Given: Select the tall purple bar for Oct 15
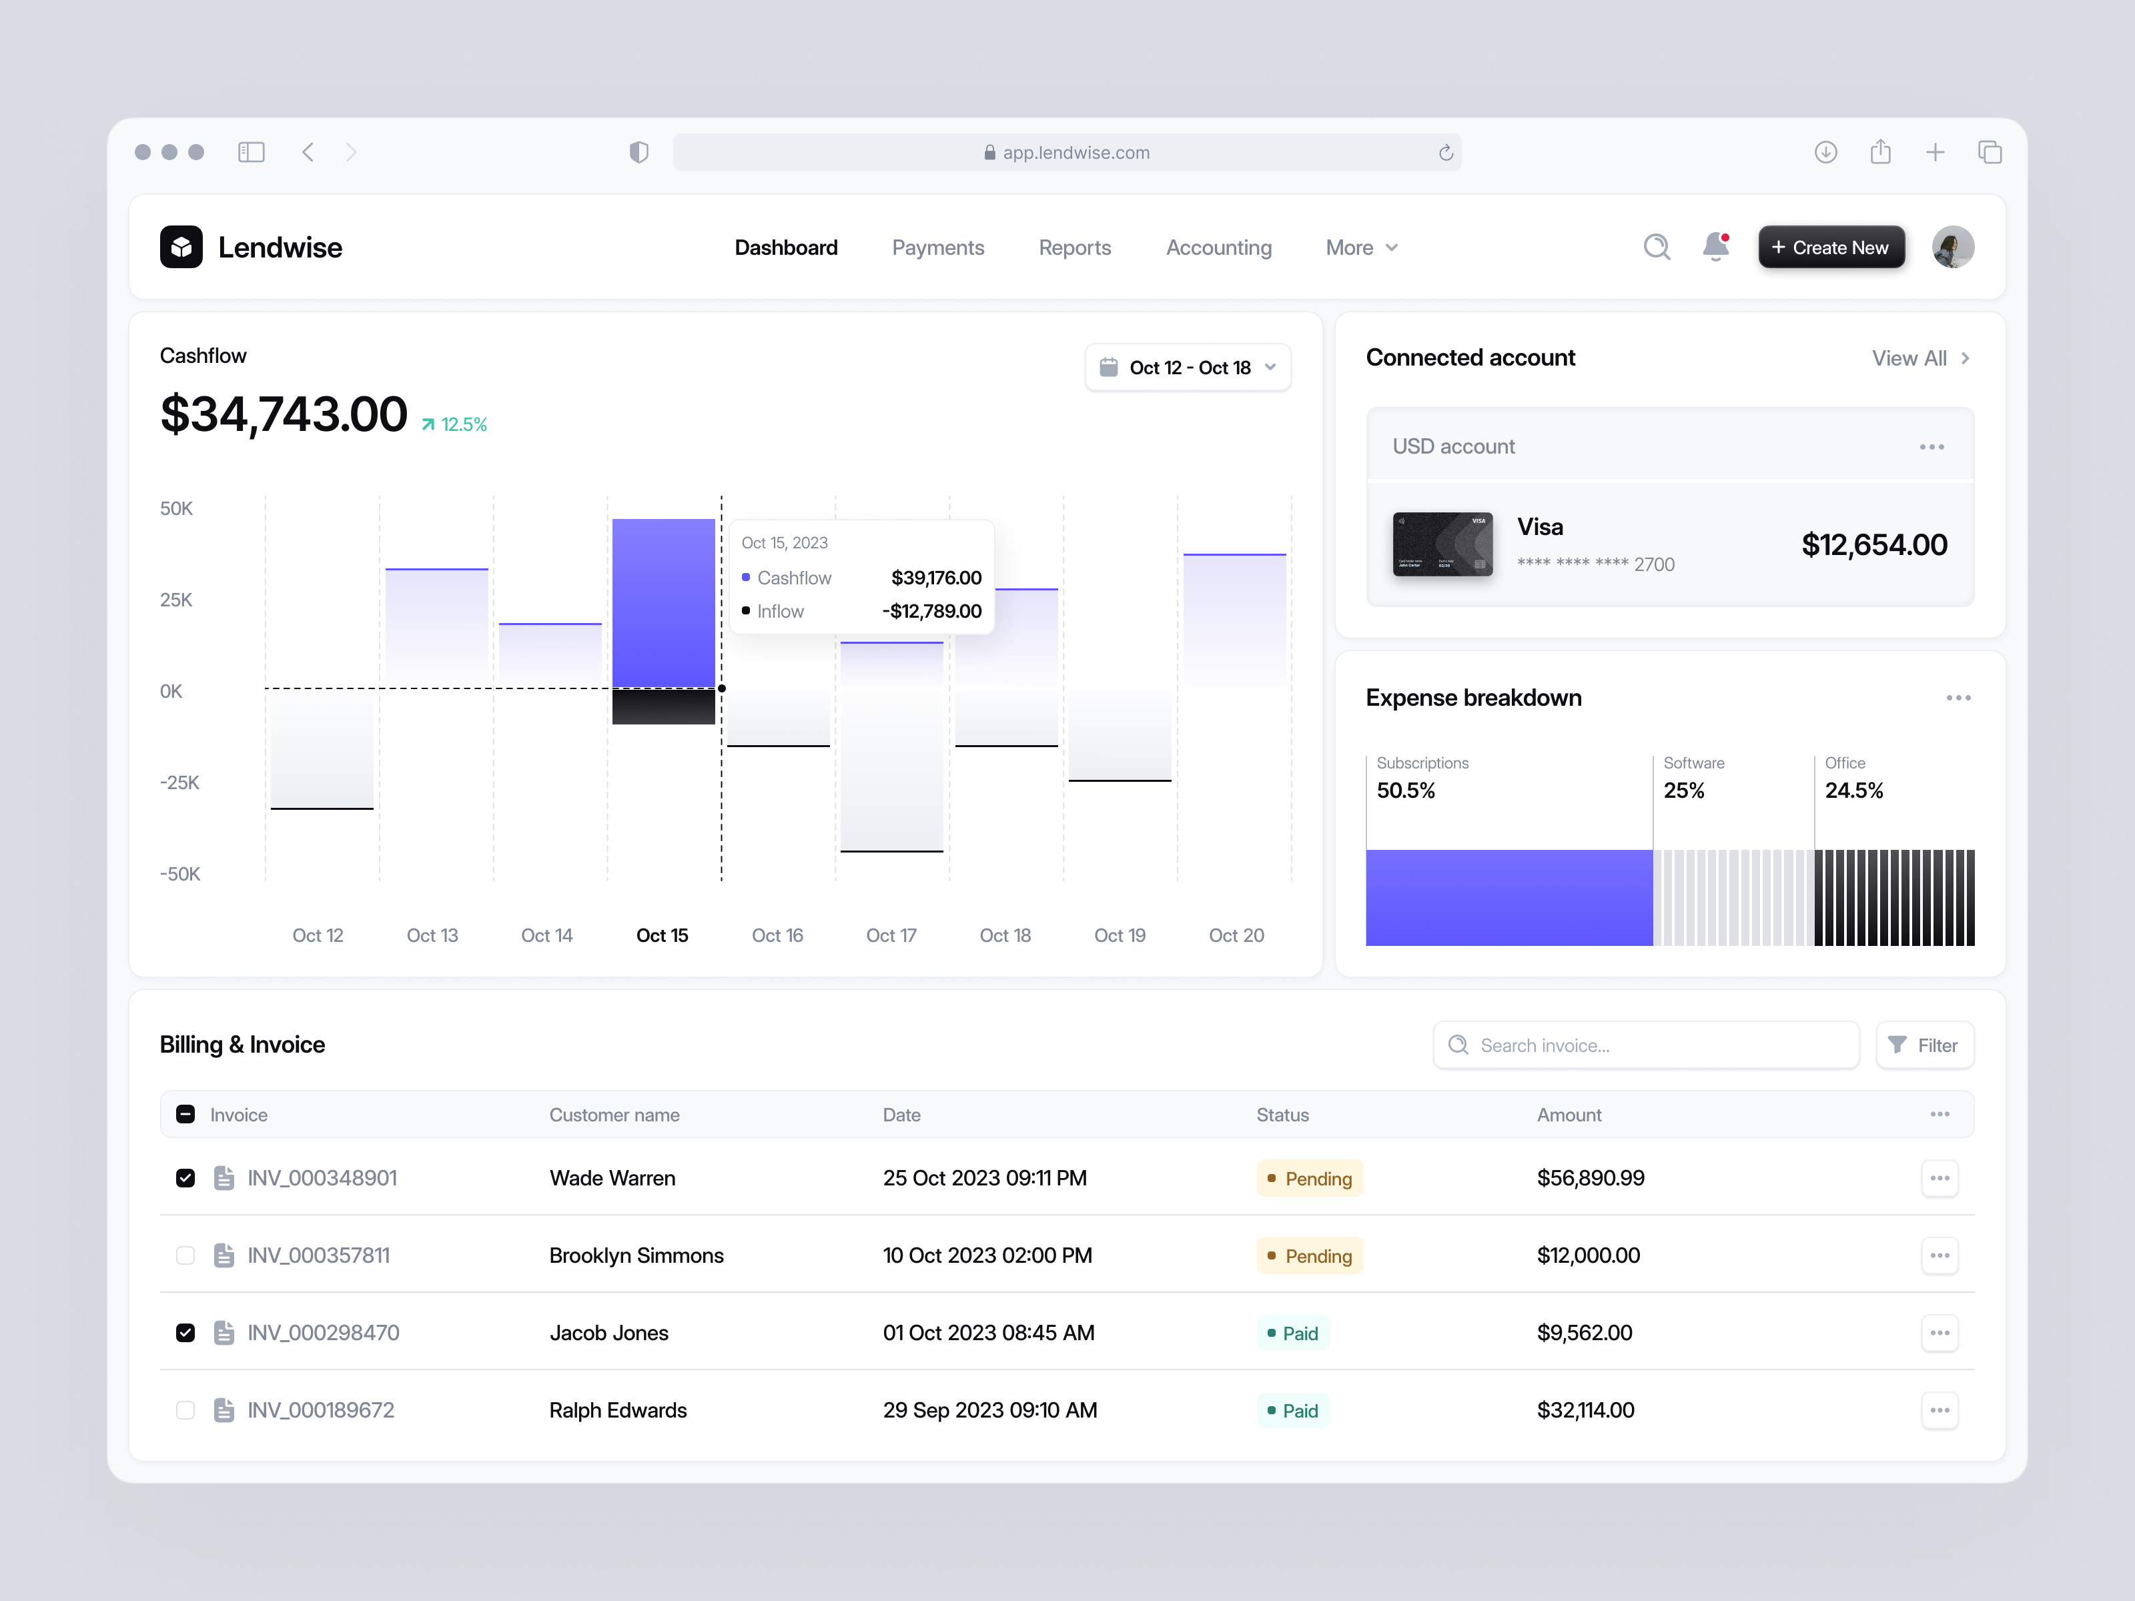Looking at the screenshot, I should [x=663, y=602].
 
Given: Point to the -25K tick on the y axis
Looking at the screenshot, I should [x=179, y=782].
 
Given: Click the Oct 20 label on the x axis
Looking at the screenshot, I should [x=1236, y=935].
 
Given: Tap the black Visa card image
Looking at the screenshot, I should [x=1442, y=544].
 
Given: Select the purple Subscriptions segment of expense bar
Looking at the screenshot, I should [x=1509, y=897].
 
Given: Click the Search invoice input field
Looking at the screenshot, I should [x=1646, y=1045].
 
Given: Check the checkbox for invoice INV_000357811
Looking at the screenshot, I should [x=185, y=1255].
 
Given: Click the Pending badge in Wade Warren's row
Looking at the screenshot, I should [x=1309, y=1178].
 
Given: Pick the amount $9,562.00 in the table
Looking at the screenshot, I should [x=1584, y=1333].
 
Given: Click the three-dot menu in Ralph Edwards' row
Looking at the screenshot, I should [x=1939, y=1410].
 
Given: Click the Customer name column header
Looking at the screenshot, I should [x=614, y=1115].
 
